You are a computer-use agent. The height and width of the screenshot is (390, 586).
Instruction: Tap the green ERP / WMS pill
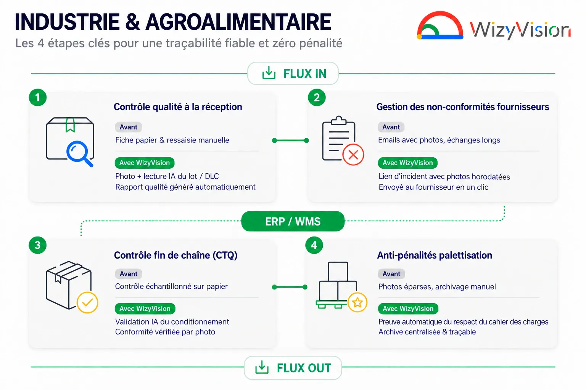click(x=293, y=221)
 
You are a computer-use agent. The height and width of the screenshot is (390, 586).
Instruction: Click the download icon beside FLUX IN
click(x=269, y=73)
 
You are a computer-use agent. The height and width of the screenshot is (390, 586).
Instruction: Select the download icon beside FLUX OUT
click(x=262, y=367)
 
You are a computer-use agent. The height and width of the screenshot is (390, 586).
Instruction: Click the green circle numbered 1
click(x=38, y=97)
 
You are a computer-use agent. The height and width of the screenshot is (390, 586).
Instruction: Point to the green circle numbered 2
click(x=317, y=97)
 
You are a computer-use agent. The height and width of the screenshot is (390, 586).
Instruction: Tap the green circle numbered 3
click(x=38, y=245)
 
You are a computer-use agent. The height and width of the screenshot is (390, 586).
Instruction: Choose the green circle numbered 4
click(x=314, y=245)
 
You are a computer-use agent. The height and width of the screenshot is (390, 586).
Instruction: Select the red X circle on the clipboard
click(x=353, y=155)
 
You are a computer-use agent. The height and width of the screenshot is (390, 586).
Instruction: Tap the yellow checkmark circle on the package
click(x=87, y=302)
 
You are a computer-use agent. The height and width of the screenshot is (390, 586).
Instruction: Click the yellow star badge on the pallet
click(x=357, y=302)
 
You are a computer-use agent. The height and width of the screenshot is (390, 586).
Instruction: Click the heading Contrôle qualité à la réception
click(x=178, y=107)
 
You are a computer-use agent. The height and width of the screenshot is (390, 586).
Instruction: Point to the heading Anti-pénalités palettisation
click(x=435, y=255)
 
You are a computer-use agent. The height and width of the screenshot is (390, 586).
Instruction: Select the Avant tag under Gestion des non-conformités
click(x=391, y=127)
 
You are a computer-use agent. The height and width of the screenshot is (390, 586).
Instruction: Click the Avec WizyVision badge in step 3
click(x=145, y=308)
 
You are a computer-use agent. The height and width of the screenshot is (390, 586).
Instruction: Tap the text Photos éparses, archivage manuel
click(x=437, y=286)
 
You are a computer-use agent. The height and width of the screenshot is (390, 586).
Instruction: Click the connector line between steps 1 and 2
click(x=290, y=141)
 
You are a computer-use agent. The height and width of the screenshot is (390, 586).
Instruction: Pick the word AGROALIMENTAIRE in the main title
click(x=238, y=22)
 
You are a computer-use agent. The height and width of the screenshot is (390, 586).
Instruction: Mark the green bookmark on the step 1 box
click(x=70, y=125)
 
